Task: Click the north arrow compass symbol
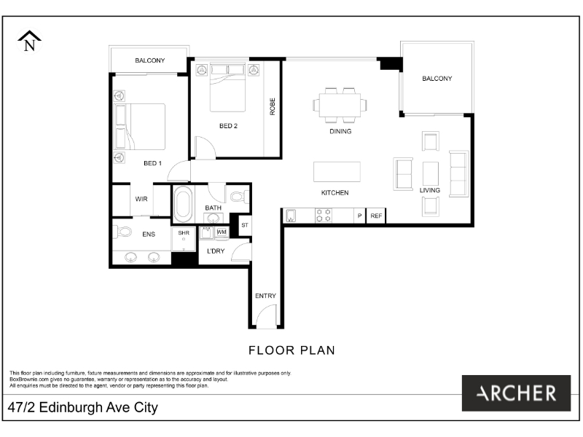(29, 41)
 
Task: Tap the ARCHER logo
(516, 393)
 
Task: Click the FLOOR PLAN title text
(292, 350)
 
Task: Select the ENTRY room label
(265, 296)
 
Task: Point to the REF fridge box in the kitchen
(376, 216)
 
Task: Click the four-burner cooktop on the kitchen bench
(323, 216)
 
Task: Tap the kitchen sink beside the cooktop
(291, 216)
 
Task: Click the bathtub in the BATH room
(184, 204)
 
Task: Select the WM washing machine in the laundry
(222, 232)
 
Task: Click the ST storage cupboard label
(245, 225)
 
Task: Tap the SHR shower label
(184, 233)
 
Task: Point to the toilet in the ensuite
(122, 232)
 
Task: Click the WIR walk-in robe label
(141, 199)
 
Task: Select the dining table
(340, 105)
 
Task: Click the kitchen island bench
(337, 172)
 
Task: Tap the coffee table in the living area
(431, 173)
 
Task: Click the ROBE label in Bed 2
(272, 106)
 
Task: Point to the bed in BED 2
(228, 87)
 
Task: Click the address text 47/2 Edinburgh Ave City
(83, 408)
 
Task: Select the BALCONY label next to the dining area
(437, 79)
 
